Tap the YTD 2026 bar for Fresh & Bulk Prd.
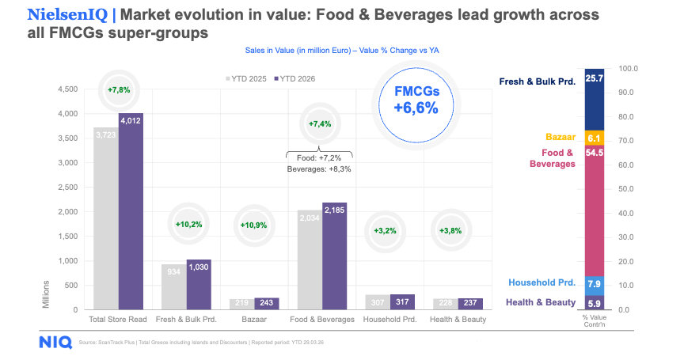pos(199,284)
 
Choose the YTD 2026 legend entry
pos(295,79)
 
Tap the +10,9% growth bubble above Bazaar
pos(253,225)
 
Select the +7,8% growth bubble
pos(119,90)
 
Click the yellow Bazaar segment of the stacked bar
pos(594,138)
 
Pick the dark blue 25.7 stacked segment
pos(594,100)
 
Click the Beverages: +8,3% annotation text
pos(317,169)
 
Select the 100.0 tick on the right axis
pos(628,70)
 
